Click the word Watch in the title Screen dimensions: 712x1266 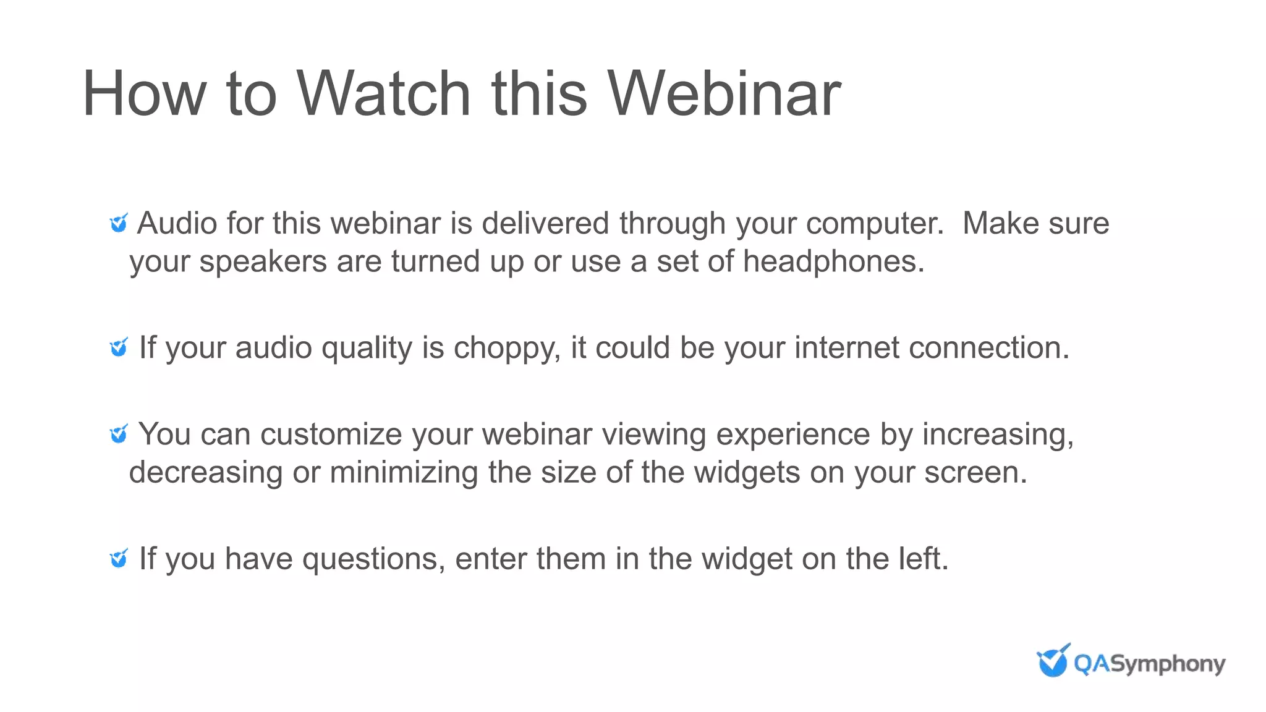pos(383,94)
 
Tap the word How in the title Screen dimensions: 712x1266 pos(143,94)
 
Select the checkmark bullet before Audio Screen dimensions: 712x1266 pos(119,223)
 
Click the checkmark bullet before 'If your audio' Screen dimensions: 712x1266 pos(119,347)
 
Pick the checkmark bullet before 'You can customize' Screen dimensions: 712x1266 pos(119,434)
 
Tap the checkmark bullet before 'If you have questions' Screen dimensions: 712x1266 pos(119,559)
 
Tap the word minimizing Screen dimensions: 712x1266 pos(404,473)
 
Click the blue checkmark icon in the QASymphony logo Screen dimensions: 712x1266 pos(1053,661)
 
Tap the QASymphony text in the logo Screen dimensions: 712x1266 pos(1149,664)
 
